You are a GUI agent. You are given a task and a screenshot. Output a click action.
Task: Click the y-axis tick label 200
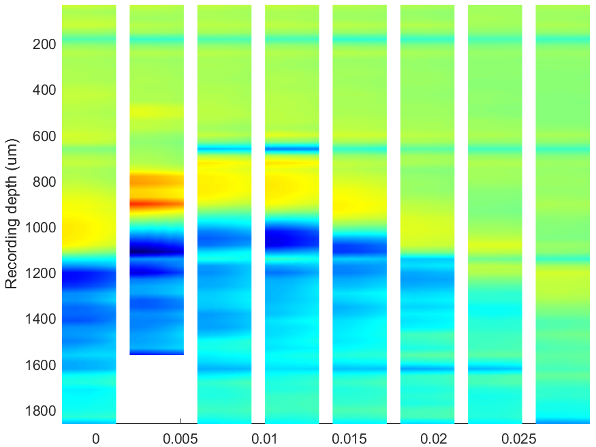coord(44,44)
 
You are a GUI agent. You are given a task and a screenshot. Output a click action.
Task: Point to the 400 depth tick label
coord(44,90)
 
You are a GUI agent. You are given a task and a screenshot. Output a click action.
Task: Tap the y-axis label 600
coord(44,136)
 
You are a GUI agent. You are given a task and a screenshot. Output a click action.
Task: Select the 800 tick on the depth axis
coord(44,182)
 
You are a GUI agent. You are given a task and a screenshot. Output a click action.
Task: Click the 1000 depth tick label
coord(41,228)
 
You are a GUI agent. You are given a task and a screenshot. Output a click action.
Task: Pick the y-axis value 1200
coord(41,273)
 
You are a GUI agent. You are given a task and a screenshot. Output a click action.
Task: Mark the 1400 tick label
coord(41,319)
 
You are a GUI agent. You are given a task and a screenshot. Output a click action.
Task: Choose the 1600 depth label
coord(41,365)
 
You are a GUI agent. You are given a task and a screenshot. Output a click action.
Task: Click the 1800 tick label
coord(41,411)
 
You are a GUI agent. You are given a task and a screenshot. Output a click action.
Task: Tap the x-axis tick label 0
coord(96,439)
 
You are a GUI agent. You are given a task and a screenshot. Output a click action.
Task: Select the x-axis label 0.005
coord(181,439)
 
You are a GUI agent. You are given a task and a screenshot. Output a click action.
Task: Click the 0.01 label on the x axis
coord(264,439)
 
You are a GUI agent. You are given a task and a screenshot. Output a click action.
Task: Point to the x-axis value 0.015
coord(349,439)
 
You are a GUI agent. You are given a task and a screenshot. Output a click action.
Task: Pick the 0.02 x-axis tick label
coord(434,439)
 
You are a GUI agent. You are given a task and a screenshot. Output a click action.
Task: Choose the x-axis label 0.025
coord(518,439)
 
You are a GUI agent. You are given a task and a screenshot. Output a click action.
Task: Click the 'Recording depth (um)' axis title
coord(12,214)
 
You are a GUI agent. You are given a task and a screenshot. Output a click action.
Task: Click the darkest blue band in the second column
coord(157,250)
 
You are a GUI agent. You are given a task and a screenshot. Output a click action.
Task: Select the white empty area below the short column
coord(157,389)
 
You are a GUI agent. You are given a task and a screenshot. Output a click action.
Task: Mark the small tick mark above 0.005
coord(181,421)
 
